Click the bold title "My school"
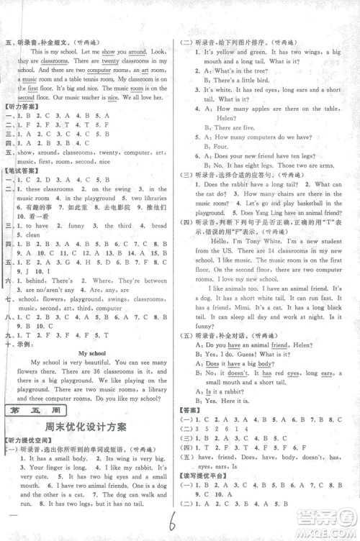92,354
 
